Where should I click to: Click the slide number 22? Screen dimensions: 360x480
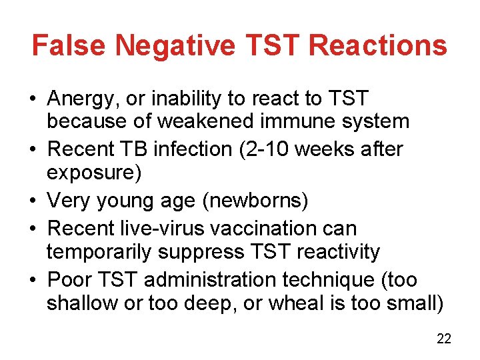coord(444,339)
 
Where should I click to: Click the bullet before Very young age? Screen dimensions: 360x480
coord(33,200)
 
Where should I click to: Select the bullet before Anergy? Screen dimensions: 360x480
coord(33,100)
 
